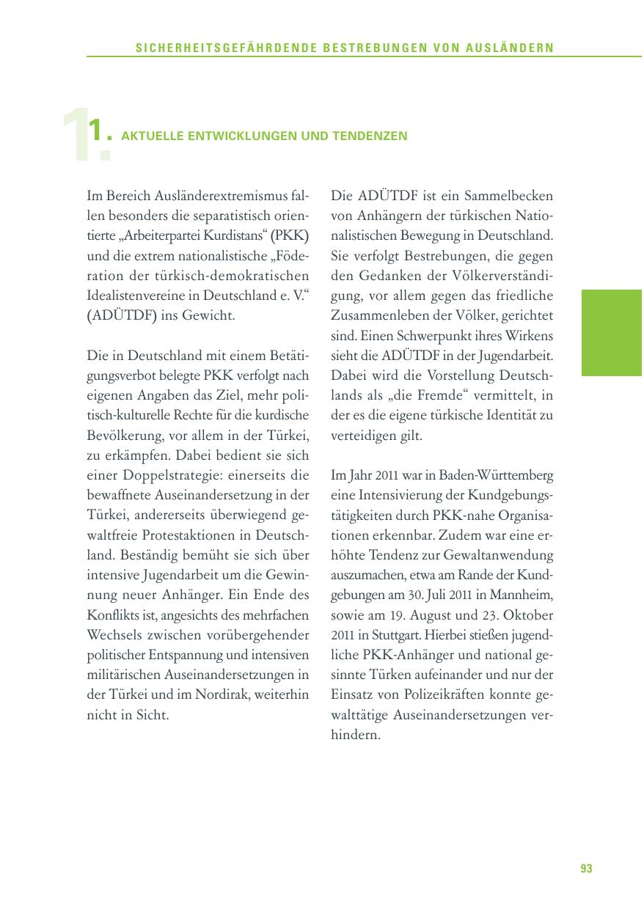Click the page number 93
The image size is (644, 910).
[x=586, y=869]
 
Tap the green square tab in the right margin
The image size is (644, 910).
[x=612, y=332]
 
